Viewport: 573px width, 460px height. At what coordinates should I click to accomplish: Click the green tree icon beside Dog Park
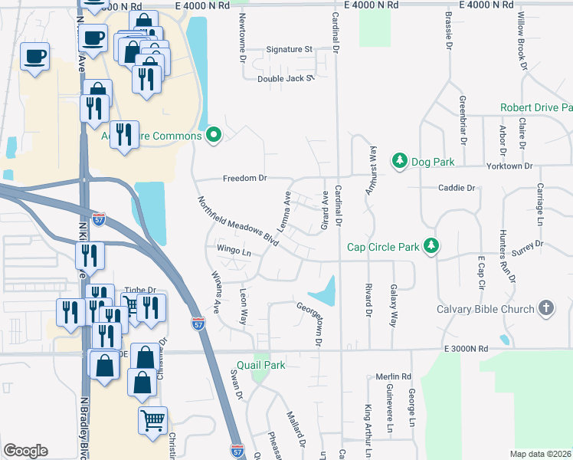point(399,160)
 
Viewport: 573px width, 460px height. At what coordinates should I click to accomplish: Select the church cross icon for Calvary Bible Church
point(545,308)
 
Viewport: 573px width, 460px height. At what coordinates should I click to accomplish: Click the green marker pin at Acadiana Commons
point(214,136)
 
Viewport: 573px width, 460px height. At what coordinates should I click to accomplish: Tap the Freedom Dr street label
point(244,179)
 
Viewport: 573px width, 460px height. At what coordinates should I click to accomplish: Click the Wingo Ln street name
point(234,251)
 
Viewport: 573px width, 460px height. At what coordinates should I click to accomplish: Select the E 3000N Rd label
point(465,349)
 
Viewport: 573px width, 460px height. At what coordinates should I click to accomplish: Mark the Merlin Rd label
point(394,377)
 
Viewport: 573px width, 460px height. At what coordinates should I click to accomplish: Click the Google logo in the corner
point(25,450)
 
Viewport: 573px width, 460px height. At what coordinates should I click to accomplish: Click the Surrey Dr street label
point(528,245)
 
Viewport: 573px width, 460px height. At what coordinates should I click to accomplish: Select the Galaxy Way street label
point(395,307)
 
